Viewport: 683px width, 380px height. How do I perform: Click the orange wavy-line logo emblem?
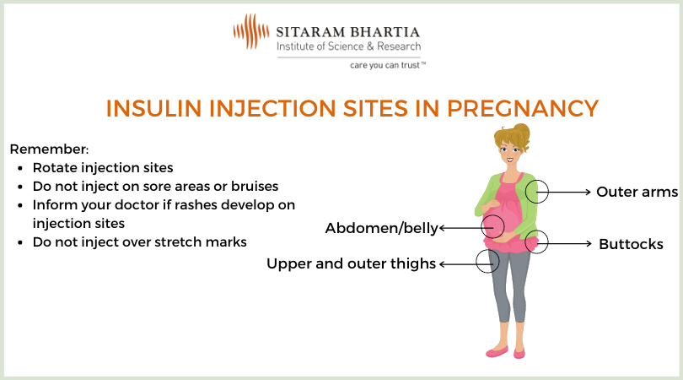pos(251,31)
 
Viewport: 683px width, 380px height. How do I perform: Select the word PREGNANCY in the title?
pos(523,108)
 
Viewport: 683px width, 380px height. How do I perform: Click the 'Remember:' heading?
pos(49,149)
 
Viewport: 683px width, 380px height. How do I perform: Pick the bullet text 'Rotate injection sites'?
pos(103,168)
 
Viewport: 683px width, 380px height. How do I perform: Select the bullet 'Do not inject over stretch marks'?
pos(140,242)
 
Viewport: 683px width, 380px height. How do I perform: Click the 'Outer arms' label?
pos(637,192)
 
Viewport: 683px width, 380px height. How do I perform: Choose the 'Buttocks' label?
pos(632,244)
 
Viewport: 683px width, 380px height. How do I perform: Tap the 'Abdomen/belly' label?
pos(382,228)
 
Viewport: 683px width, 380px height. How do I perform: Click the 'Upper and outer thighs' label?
pos(351,264)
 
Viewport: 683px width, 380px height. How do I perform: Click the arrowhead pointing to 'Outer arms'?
pos(589,192)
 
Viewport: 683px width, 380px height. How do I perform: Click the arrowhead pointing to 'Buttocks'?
pos(589,243)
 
